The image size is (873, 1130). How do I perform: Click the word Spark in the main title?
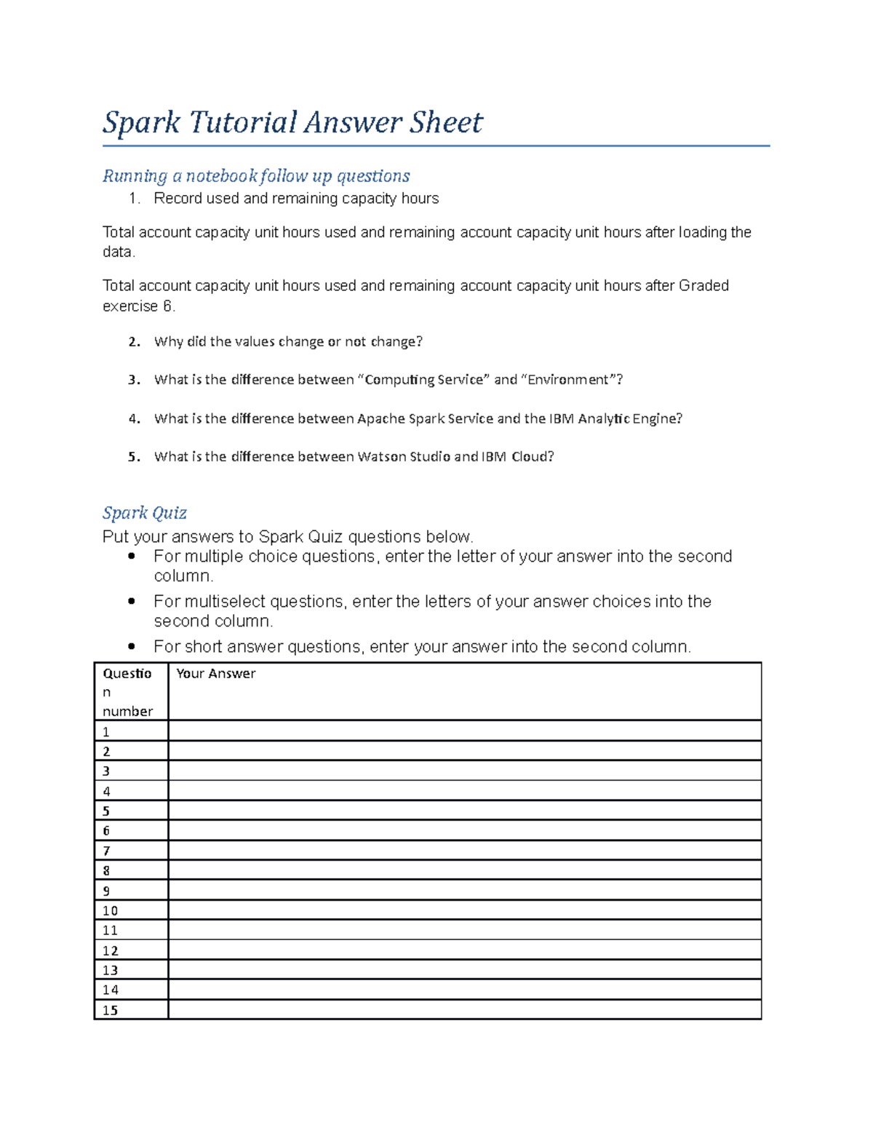[x=141, y=122]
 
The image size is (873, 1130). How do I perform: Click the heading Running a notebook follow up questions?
[x=256, y=176]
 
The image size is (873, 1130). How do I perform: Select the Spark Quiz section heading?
[x=144, y=513]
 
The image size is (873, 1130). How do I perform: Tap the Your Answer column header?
[x=215, y=674]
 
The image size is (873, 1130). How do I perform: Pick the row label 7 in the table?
[x=107, y=851]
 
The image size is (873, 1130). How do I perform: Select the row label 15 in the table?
[x=110, y=1010]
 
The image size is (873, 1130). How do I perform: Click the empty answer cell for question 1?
[x=464, y=731]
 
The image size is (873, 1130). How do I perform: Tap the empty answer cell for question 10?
[x=464, y=910]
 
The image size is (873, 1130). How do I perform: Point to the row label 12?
[x=110, y=950]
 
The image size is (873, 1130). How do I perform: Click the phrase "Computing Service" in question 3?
[x=424, y=380]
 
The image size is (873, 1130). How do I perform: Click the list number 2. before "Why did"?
[x=134, y=342]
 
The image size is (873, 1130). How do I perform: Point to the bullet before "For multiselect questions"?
[x=132, y=601]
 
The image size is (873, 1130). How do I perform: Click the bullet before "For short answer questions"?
[x=132, y=646]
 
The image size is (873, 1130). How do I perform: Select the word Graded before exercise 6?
[x=703, y=286]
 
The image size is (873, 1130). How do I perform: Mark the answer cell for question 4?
[x=464, y=791]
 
